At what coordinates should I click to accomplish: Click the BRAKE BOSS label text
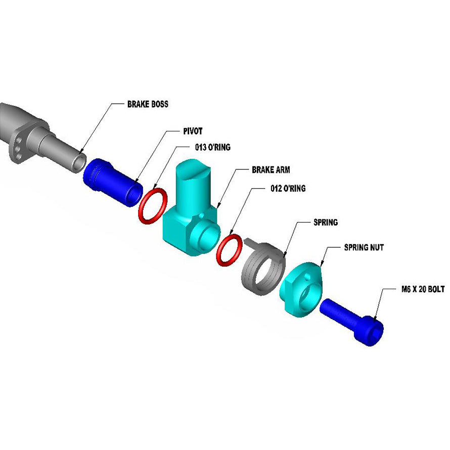coord(148,105)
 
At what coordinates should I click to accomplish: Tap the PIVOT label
coord(192,130)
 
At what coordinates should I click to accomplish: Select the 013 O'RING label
coord(213,148)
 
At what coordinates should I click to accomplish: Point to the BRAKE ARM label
coord(271,170)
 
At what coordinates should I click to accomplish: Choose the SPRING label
coord(326,222)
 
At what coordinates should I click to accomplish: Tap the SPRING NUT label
coord(364,248)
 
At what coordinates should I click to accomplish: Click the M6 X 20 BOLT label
coord(420,290)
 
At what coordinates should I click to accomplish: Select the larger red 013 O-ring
coord(152,206)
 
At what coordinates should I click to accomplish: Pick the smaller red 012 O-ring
coord(229,250)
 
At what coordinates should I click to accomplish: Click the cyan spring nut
coord(301,290)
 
